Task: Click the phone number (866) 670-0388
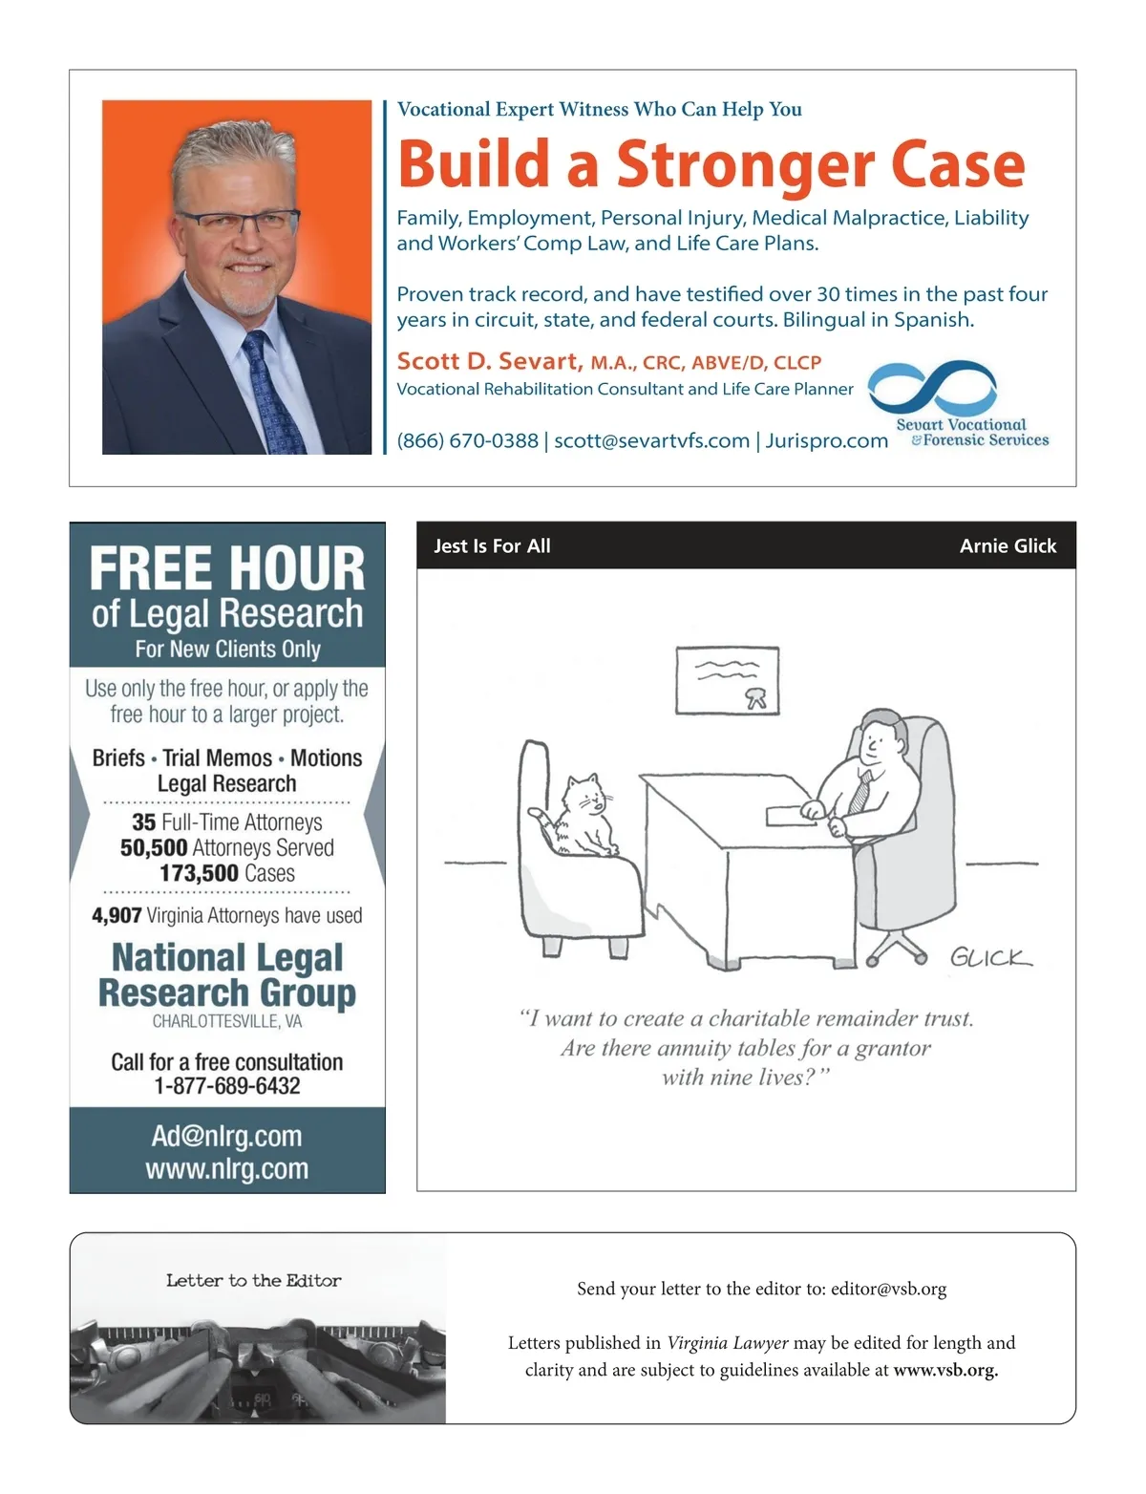click(x=467, y=440)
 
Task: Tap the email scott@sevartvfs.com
click(x=651, y=440)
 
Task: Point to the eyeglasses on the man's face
click(x=238, y=223)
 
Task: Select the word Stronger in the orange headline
click(x=746, y=164)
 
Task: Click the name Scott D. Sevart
click(x=488, y=361)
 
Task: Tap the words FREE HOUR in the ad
click(x=227, y=568)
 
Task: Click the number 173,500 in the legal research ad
click(x=199, y=873)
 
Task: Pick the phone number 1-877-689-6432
click(x=227, y=1086)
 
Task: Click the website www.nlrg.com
click(x=227, y=1168)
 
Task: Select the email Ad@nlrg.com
click(x=227, y=1136)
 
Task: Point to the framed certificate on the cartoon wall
click(x=727, y=680)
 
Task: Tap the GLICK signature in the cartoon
click(x=990, y=957)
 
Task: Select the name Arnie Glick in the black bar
click(x=1008, y=545)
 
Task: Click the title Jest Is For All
click(x=492, y=545)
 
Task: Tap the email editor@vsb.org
click(x=888, y=1289)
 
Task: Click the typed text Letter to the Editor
click(x=253, y=1280)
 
